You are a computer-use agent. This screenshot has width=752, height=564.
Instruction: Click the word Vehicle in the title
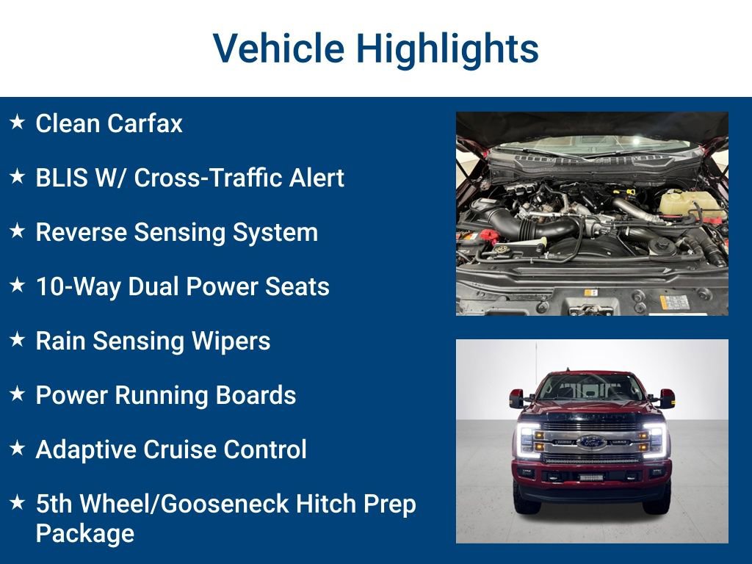pyautogui.click(x=279, y=48)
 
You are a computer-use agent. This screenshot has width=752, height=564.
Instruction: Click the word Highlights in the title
pyautogui.click(x=447, y=48)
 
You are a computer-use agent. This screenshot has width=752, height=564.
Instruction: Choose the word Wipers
pyautogui.click(x=236, y=341)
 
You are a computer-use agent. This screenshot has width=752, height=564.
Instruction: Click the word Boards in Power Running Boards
pyautogui.click(x=256, y=395)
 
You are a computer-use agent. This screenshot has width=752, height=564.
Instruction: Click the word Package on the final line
pyautogui.click(x=84, y=533)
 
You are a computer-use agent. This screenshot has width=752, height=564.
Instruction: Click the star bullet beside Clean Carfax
pyautogui.click(x=18, y=122)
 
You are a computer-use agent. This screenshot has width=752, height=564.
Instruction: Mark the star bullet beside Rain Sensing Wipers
pyautogui.click(x=18, y=339)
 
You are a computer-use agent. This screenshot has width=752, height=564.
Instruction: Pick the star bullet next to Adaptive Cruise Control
pyautogui.click(x=18, y=448)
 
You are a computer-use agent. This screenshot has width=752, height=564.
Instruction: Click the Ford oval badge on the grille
pyautogui.click(x=591, y=442)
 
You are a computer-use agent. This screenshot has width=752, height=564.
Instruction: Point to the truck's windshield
pyautogui.click(x=591, y=387)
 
